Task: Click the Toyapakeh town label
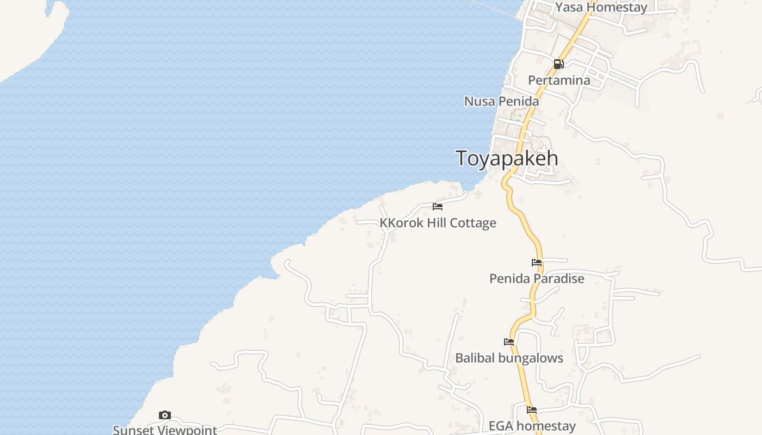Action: click(507, 158)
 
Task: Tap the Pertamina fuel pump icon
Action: click(558, 64)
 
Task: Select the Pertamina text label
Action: click(559, 80)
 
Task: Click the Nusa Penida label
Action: click(501, 101)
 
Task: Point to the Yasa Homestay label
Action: click(601, 8)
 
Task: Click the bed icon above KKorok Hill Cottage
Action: click(438, 207)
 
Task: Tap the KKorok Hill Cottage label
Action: click(438, 223)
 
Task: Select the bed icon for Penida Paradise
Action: click(537, 263)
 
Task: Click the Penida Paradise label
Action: click(537, 279)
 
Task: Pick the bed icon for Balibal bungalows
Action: click(509, 342)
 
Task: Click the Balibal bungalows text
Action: click(509, 358)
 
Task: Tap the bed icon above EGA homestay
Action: click(532, 410)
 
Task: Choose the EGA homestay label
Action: click(532, 426)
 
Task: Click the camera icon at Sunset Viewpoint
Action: click(165, 415)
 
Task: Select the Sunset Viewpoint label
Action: click(165, 430)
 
